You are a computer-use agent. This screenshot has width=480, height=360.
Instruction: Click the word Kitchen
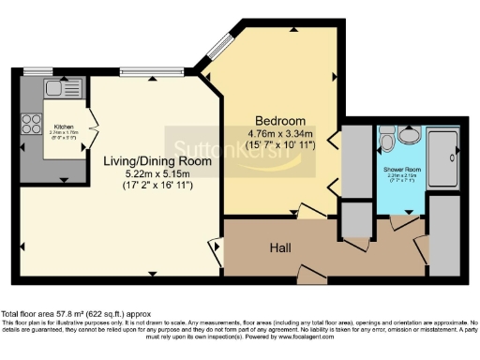click(x=63, y=126)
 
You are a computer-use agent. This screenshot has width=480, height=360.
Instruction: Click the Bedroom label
click(x=281, y=122)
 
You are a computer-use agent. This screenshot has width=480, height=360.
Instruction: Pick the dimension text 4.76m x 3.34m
click(x=281, y=134)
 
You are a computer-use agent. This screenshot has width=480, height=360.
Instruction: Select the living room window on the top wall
click(x=150, y=71)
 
